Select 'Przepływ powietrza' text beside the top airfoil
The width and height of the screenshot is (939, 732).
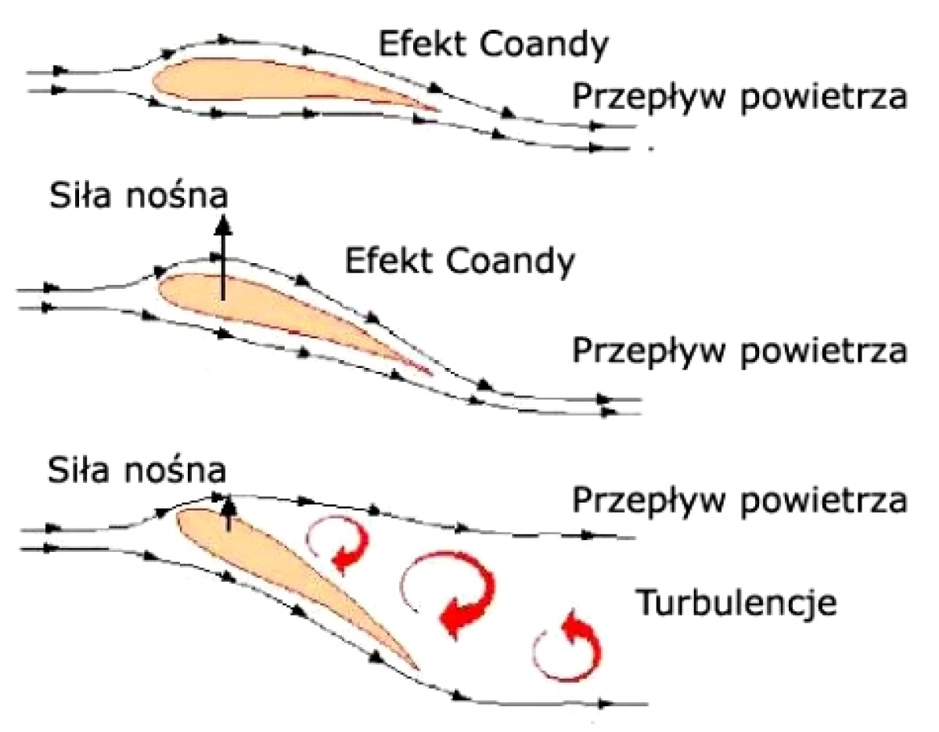click(739, 99)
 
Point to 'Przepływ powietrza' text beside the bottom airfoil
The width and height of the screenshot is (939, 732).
click(739, 502)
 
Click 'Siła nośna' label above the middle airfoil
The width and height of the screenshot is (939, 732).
click(139, 196)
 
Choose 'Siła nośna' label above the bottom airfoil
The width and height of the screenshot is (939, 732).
click(137, 471)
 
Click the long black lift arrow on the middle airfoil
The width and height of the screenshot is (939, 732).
click(223, 258)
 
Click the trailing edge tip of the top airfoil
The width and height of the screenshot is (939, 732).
click(441, 110)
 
